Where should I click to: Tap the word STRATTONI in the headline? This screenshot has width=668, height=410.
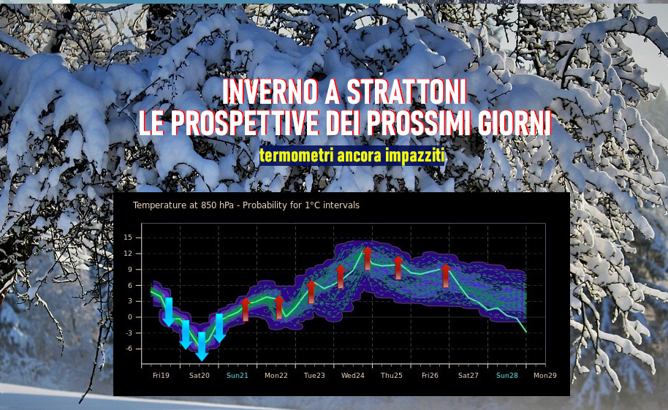(407, 91)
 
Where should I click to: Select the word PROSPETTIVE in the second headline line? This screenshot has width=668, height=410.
(245, 123)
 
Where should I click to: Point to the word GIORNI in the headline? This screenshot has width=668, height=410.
(515, 123)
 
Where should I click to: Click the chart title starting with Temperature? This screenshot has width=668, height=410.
(246, 205)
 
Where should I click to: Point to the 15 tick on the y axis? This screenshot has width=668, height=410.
(128, 238)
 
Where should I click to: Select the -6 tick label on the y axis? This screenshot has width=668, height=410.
(128, 349)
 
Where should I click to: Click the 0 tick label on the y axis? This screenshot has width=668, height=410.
(130, 317)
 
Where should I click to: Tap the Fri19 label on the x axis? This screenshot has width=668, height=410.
(161, 376)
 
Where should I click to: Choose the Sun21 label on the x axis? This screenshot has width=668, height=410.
(238, 376)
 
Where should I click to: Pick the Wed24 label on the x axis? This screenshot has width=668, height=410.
(353, 376)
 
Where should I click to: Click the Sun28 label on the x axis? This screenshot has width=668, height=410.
(507, 376)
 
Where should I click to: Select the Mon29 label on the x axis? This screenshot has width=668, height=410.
(545, 376)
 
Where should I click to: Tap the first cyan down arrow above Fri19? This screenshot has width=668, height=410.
(169, 312)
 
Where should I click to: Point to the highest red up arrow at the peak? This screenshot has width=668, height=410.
(367, 258)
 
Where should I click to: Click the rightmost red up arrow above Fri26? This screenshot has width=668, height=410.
(446, 276)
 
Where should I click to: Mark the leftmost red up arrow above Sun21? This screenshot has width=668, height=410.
(246, 309)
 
